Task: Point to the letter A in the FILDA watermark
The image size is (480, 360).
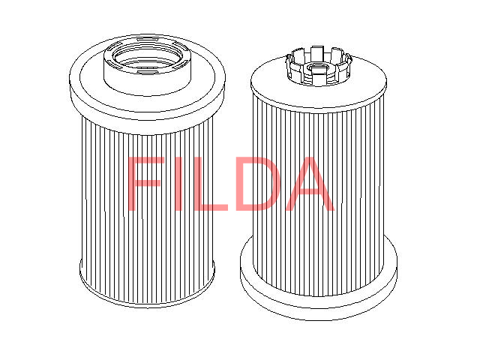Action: pyautogui.click(x=307, y=184)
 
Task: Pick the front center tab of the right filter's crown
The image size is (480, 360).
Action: pyautogui.click(x=313, y=80)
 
